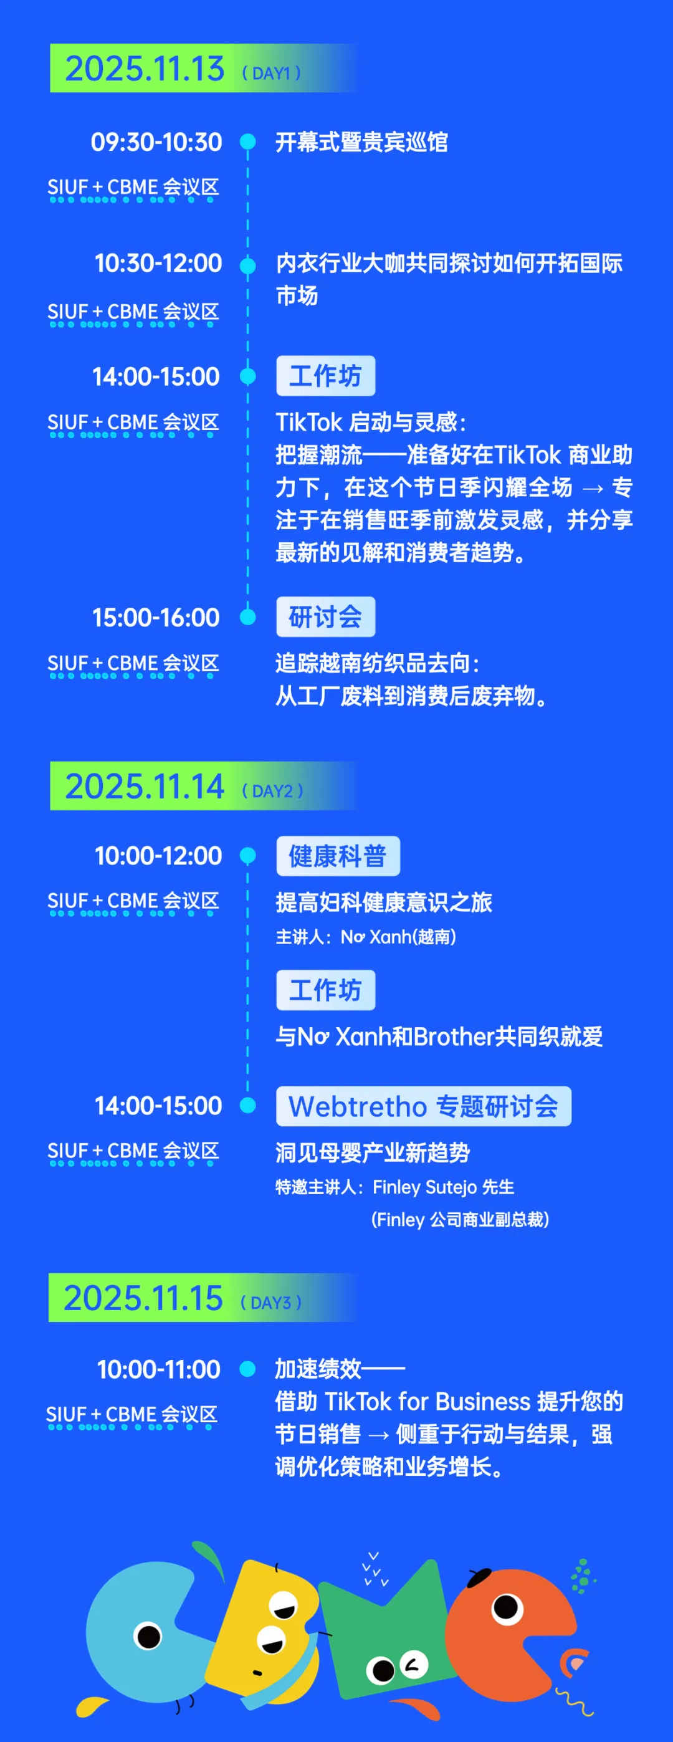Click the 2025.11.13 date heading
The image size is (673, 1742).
(x=144, y=69)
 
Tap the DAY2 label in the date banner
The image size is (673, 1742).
(x=272, y=790)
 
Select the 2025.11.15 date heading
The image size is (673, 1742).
(x=143, y=1298)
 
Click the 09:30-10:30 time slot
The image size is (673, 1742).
(x=156, y=142)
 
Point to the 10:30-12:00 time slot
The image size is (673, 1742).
(x=158, y=263)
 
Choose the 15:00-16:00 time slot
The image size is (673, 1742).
(x=156, y=618)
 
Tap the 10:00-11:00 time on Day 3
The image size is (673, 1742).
(x=159, y=1369)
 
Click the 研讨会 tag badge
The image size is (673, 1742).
(x=325, y=617)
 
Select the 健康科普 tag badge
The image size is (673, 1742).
(x=338, y=856)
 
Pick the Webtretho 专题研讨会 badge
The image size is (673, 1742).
(x=423, y=1106)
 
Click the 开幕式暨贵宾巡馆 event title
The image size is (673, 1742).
(x=362, y=143)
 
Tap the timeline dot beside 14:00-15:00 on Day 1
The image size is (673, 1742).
(x=248, y=376)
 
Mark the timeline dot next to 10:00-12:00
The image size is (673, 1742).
(x=248, y=856)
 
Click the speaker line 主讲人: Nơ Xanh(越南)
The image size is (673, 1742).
(x=366, y=937)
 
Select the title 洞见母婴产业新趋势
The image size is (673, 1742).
(x=373, y=1152)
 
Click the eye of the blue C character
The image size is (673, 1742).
(x=148, y=1637)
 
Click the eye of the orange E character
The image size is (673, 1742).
(x=507, y=1607)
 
